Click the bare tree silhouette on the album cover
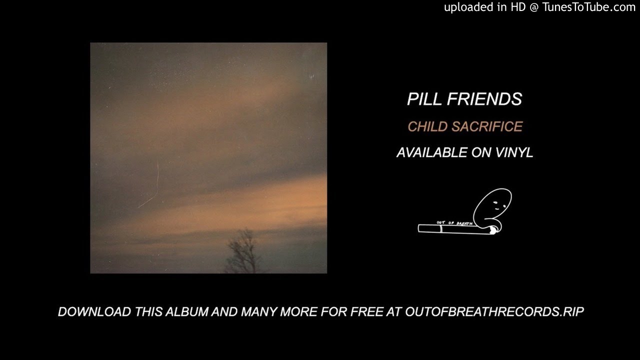coord(243,252)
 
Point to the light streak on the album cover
coord(153,187)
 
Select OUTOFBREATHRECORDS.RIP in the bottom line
coord(494,311)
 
